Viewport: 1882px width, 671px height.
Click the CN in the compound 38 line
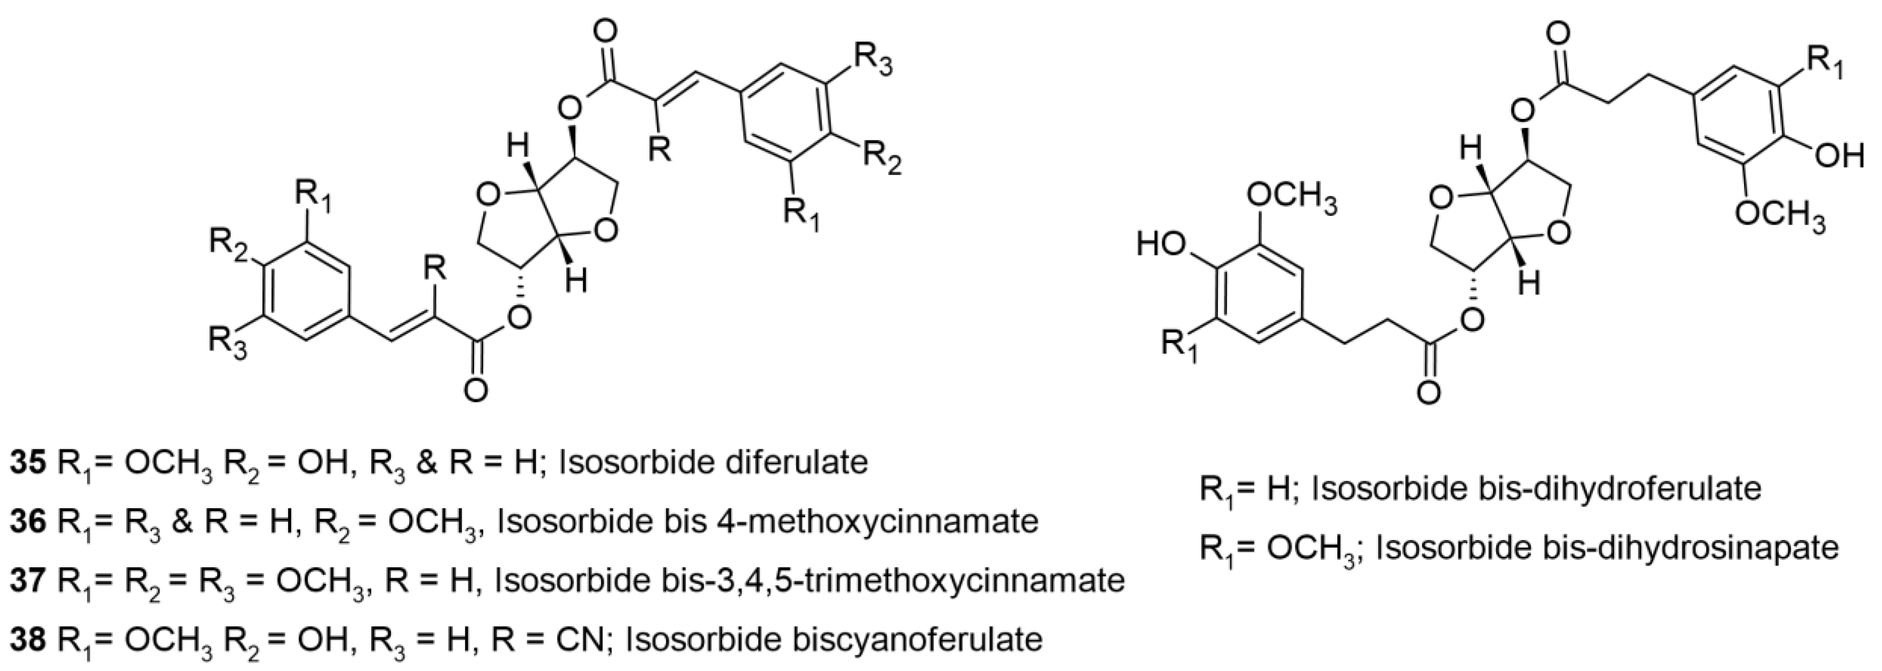click(581, 640)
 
